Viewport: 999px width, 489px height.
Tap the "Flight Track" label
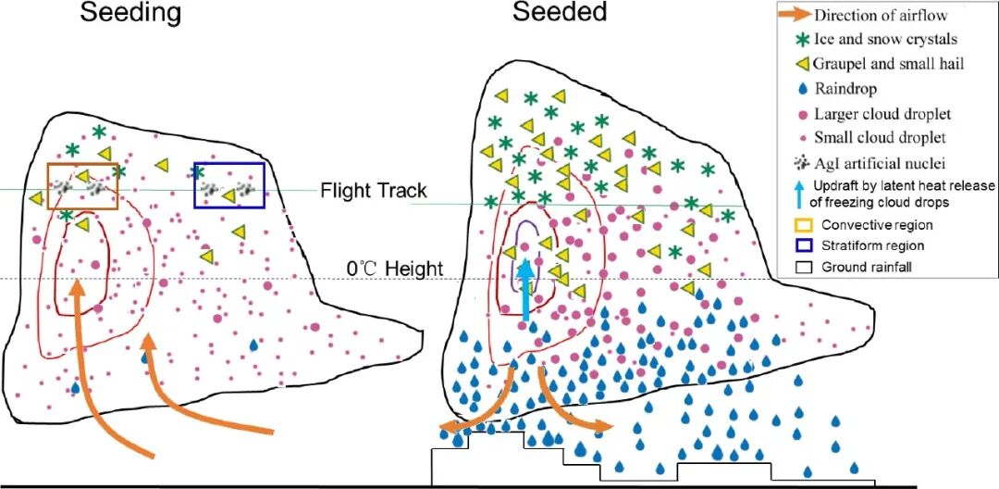point(374,191)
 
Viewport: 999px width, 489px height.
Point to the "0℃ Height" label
point(394,270)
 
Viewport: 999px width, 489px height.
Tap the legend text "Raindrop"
point(845,89)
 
